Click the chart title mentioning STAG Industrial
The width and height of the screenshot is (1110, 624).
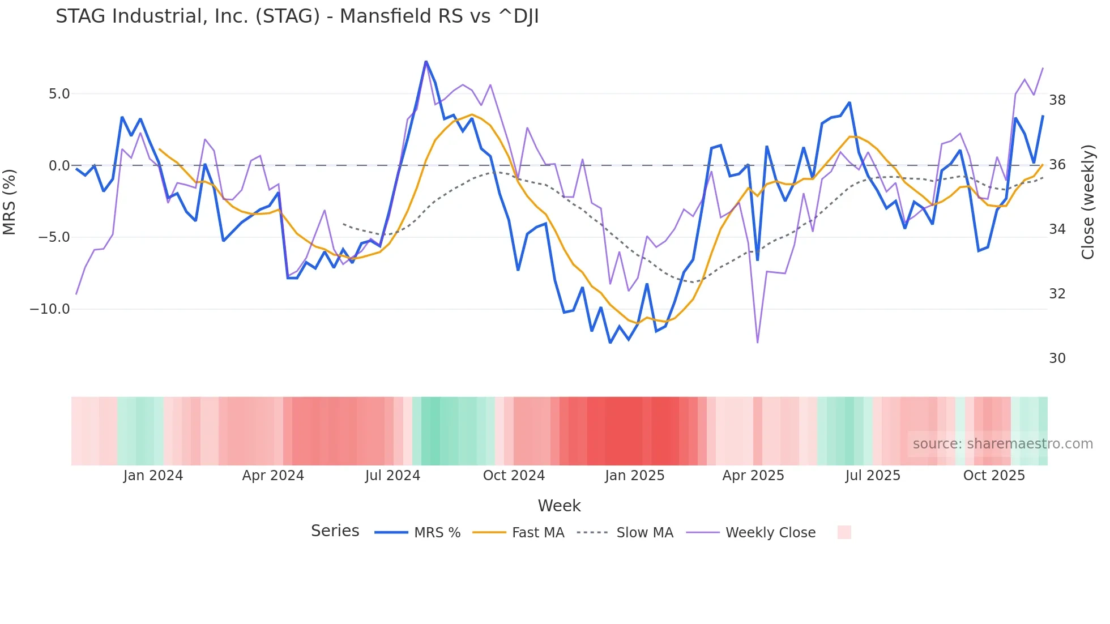297,16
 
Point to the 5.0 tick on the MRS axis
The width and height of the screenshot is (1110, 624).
59,94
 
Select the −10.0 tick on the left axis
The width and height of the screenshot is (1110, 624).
50,309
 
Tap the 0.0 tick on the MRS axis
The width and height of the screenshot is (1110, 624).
59,166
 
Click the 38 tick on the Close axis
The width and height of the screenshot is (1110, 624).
1057,100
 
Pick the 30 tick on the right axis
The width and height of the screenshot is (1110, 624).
1057,358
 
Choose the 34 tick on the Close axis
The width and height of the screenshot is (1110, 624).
1057,229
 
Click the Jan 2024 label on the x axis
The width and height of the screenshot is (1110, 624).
153,476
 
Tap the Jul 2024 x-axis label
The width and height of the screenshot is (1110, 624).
392,476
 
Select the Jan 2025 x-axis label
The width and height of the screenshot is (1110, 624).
634,476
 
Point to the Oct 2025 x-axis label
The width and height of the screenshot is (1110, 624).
994,476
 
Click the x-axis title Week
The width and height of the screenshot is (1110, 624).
559,506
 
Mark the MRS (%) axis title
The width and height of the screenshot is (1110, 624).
10,202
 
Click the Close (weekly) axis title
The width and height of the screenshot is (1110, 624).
1088,202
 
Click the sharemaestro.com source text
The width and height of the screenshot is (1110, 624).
1002,444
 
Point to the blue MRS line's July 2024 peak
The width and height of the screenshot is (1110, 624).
426,62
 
